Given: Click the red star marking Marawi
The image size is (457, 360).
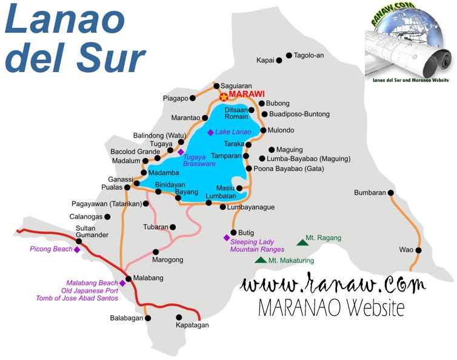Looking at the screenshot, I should [223, 96].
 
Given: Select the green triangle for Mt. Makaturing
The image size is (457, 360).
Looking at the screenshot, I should [261, 260].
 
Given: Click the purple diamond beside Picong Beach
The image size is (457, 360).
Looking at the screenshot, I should [77, 249].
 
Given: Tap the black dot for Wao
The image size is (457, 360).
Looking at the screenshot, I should [418, 250].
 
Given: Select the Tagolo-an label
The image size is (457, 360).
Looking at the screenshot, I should [309, 55].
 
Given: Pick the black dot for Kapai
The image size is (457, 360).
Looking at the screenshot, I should [279, 61].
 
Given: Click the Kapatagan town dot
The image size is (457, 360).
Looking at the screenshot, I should [179, 316].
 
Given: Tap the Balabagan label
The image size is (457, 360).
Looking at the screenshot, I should [127, 318].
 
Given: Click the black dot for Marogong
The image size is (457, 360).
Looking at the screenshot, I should [156, 251].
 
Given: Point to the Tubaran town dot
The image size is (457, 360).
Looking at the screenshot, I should [173, 227].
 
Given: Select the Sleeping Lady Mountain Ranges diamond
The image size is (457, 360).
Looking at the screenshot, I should [227, 237].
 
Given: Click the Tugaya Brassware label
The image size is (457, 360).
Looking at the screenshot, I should [199, 161].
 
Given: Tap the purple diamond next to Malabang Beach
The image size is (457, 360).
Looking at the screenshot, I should [122, 282].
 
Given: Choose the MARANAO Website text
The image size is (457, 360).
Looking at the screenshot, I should [331, 307].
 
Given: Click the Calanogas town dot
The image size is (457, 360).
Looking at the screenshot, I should [108, 216].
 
